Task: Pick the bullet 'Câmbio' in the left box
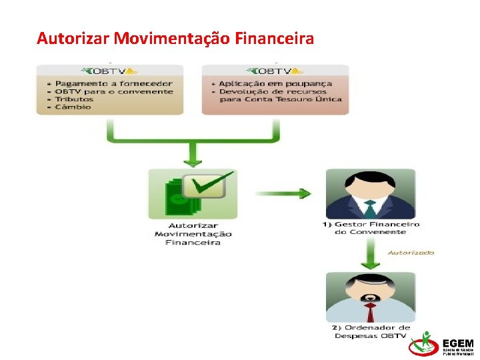pyautogui.click(x=73, y=107)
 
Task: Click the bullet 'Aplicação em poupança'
pyautogui.click(x=272, y=84)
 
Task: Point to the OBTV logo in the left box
pyautogui.click(x=110, y=71)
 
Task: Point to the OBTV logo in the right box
pyautogui.click(x=275, y=71)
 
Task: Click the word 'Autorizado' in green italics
pyautogui.click(x=411, y=253)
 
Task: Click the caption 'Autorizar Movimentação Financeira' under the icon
pyautogui.click(x=193, y=234)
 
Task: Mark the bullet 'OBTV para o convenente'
pyautogui.click(x=114, y=92)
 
